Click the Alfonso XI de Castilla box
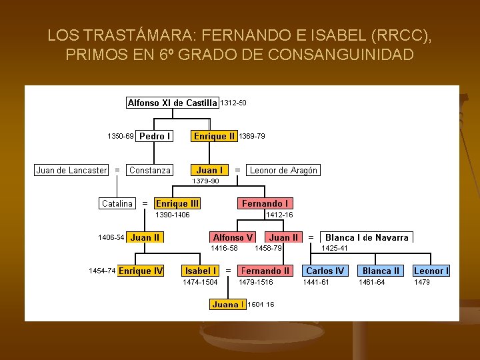(173, 103)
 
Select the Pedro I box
(155, 136)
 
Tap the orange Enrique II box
(214, 136)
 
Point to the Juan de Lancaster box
(71, 170)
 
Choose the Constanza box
(150, 170)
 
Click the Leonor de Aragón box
(283, 170)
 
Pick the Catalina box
(117, 203)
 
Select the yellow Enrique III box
(177, 203)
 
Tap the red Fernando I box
(265, 203)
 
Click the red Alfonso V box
(233, 237)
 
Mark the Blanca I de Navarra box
(367, 237)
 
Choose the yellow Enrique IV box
(141, 271)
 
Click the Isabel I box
(201, 271)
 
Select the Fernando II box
(265, 271)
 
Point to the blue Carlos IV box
(325, 271)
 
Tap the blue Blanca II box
(381, 271)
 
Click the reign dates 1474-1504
(200, 282)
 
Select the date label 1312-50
(233, 103)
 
